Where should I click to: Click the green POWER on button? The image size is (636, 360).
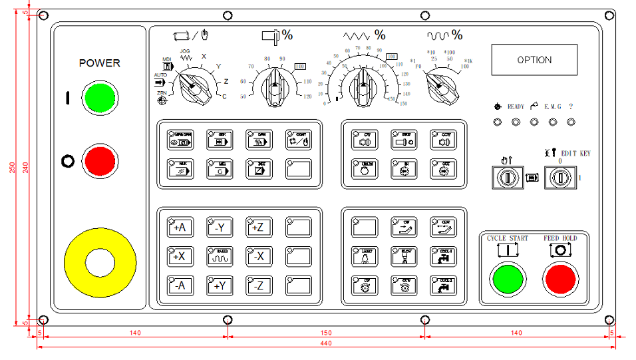pos(99,98)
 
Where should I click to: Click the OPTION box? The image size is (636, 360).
pos(534,60)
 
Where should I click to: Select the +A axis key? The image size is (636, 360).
pos(179,228)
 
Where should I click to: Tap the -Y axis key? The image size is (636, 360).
pos(219,228)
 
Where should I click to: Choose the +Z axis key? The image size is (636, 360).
pos(258,228)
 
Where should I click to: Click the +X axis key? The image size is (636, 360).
pos(179,257)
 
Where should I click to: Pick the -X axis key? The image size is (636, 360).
pos(258,257)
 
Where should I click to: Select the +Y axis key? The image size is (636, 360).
pos(219,286)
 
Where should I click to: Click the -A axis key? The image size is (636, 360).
pos(179,286)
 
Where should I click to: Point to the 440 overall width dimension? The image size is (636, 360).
pos(325,343)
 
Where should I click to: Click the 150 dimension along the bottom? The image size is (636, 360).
pos(325,331)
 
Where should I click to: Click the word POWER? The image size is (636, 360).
pos(100,63)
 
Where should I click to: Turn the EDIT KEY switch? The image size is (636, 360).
pos(559,178)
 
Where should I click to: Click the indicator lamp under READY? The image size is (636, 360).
pos(516,122)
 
